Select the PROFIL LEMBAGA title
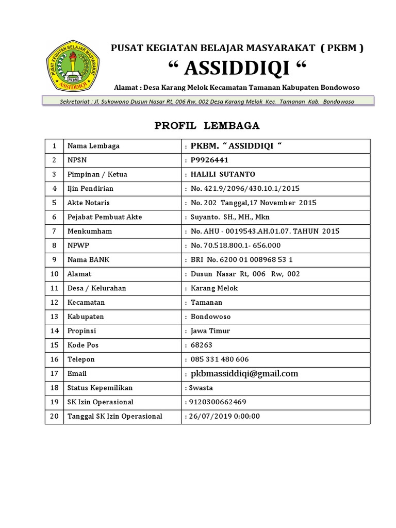tap(207, 126)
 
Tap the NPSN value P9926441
tap(209, 160)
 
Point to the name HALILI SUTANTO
tap(223, 174)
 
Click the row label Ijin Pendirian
tap(90, 189)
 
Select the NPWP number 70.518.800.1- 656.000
tap(236, 245)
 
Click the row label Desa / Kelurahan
tap(97, 288)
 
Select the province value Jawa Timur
tap(210, 331)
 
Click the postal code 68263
tap(202, 345)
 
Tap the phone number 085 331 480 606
tap(220, 359)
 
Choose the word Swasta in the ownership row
tap(201, 388)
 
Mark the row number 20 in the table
tap(54, 416)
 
